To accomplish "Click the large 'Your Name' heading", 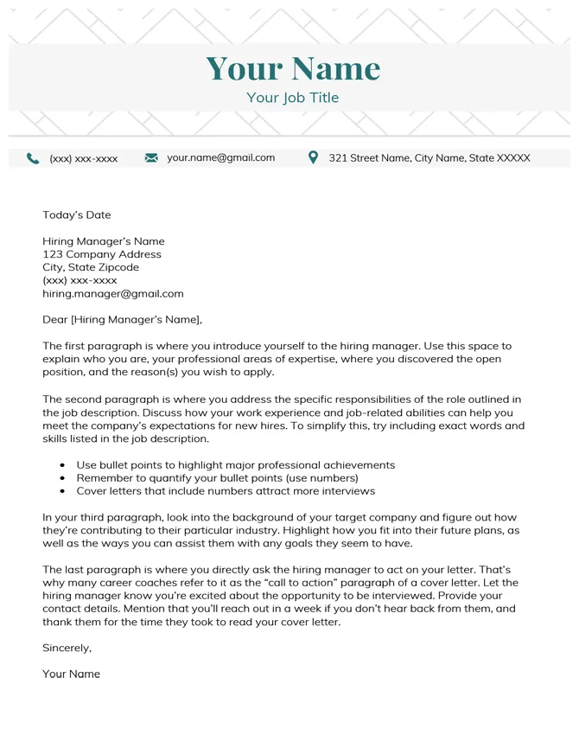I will point(293,68).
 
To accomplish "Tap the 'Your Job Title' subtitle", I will point(292,98).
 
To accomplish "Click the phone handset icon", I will point(33,158).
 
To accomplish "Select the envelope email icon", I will point(151,158).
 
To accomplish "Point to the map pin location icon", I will point(313,157).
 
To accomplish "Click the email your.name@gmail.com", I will point(220,157).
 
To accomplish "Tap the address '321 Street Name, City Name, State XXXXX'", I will point(429,158).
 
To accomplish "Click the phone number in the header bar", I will point(84,159).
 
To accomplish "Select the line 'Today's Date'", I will point(77,214).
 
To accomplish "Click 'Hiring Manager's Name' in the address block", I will point(104,241).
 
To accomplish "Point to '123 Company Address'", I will point(102,254).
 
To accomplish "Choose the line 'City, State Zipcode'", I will point(91,267).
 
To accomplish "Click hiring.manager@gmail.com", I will point(113,293).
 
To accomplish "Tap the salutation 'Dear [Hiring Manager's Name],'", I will point(122,319).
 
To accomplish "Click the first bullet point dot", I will point(62,465).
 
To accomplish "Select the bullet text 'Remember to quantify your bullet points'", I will point(217,477).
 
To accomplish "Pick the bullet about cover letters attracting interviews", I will point(226,490).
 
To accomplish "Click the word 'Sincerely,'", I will point(67,647).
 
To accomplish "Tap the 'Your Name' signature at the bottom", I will point(72,674).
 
